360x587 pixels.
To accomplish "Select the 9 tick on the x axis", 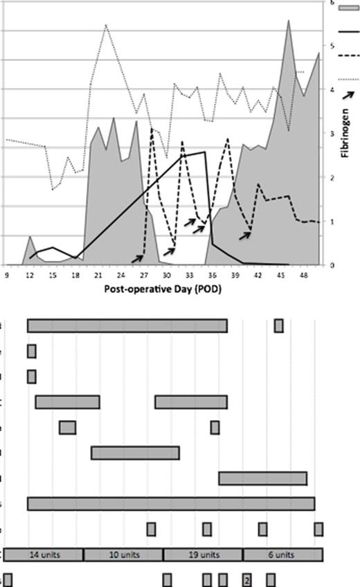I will pyautogui.click(x=7, y=274).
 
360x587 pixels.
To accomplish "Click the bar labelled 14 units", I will pyautogui.click(x=44, y=555).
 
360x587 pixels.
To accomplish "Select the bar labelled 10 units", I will pyautogui.click(x=123, y=555).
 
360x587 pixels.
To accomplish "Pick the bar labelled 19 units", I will pyautogui.click(x=203, y=555).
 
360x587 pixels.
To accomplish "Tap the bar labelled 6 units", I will pyautogui.click(x=282, y=555).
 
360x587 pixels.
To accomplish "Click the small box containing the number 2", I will pyautogui.click(x=246, y=579).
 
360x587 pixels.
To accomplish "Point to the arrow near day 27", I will pyautogui.click(x=138, y=258).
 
